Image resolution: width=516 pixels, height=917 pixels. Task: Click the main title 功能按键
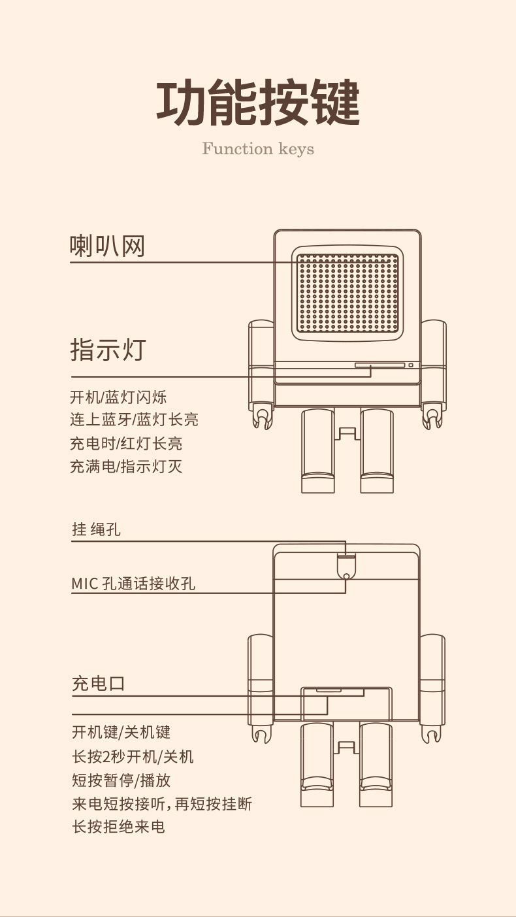point(258,103)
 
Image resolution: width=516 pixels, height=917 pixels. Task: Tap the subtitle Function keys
point(258,149)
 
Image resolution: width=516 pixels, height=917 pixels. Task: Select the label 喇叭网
point(107,246)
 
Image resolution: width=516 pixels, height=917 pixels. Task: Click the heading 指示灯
point(108,350)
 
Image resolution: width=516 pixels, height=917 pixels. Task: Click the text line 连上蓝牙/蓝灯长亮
point(134,420)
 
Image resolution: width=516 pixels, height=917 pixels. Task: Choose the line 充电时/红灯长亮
point(126,443)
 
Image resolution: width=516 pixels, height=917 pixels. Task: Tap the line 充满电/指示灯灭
point(126,467)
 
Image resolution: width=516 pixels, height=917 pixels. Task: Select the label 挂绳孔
point(96,529)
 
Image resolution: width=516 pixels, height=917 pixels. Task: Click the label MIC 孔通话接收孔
point(133,583)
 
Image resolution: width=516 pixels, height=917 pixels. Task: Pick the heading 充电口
point(98,684)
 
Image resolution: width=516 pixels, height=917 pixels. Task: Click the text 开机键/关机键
point(121,732)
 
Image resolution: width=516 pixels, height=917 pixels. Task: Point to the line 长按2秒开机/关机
point(133,756)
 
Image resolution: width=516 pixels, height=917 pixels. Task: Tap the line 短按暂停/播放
point(121,780)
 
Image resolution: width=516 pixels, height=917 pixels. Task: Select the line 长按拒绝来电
point(118,827)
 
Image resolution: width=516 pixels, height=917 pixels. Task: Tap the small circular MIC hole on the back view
point(346,575)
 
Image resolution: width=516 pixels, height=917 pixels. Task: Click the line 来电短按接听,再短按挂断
point(162,803)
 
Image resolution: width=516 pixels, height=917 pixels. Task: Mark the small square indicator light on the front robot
point(411,365)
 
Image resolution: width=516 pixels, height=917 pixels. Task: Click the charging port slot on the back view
point(329,690)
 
